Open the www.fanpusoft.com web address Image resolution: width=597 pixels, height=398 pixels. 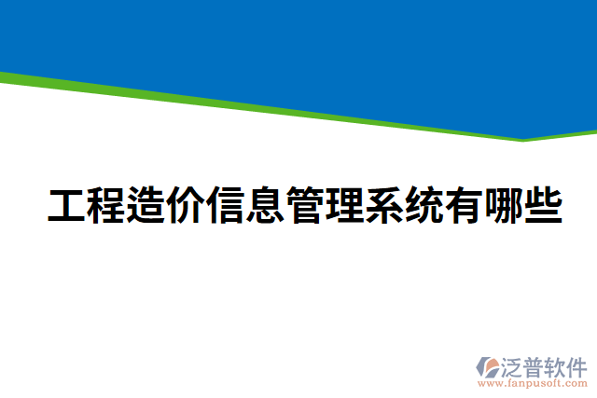[533, 383]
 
